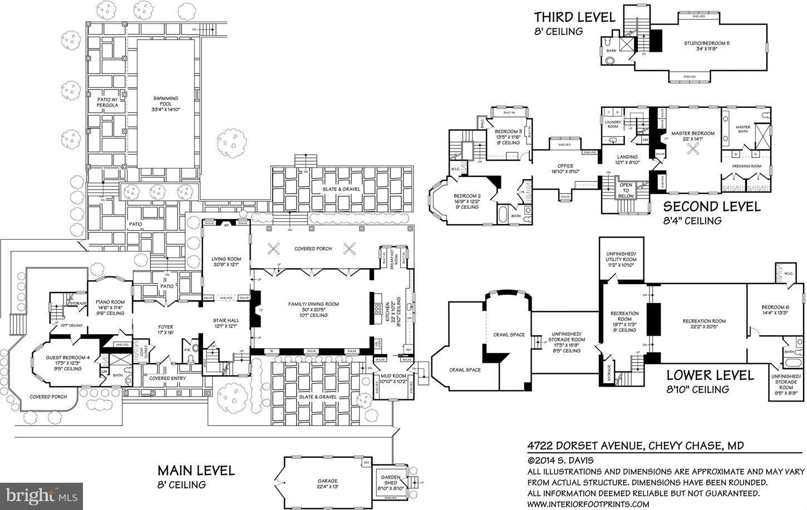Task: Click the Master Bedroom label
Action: (x=692, y=136)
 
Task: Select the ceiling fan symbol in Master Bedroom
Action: (x=693, y=148)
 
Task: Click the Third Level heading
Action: (x=574, y=17)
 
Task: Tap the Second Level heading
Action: (x=711, y=207)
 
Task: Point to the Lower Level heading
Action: (x=710, y=375)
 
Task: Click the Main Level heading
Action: (x=195, y=471)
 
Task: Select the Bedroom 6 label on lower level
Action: (x=775, y=310)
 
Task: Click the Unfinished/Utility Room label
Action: (x=621, y=259)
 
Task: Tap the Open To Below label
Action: (x=626, y=190)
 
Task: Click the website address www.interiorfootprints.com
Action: (x=588, y=504)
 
